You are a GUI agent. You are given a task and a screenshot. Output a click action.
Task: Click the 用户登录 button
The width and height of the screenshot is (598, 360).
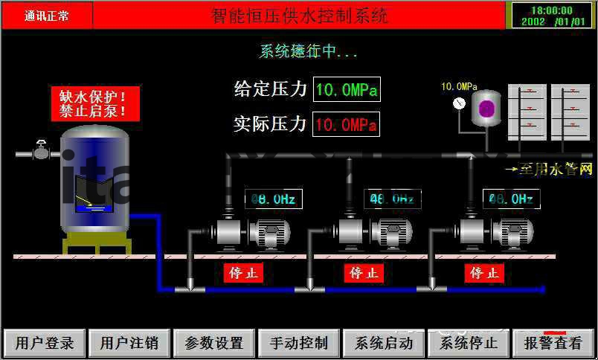(45, 343)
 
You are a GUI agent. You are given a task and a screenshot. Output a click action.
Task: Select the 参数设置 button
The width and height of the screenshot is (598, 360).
(214, 343)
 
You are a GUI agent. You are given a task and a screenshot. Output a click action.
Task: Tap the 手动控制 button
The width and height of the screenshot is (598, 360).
(299, 343)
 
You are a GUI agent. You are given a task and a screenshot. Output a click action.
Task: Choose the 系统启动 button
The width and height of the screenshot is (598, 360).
(384, 343)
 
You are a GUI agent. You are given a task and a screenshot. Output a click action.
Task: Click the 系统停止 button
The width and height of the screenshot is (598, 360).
(469, 343)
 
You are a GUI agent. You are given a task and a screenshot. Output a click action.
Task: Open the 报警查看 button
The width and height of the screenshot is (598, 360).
(553, 343)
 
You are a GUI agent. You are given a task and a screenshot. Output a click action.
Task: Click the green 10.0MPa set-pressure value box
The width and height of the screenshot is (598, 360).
(347, 90)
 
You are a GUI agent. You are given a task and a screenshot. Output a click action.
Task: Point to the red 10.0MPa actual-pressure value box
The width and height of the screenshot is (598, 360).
(347, 124)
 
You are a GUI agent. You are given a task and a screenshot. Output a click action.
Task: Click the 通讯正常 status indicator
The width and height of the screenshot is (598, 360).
(47, 15)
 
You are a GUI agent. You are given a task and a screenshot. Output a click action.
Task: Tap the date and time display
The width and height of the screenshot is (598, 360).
(551, 16)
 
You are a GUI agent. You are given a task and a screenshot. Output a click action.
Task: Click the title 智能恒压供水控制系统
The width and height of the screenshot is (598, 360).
(299, 15)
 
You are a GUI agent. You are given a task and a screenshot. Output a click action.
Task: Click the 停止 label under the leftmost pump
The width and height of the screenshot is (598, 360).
(244, 273)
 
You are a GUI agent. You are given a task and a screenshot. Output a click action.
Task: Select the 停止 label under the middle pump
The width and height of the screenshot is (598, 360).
(364, 273)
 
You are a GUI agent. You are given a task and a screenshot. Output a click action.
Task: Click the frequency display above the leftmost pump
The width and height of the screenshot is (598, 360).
(274, 199)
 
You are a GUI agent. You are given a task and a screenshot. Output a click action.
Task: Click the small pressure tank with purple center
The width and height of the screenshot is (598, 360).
(487, 109)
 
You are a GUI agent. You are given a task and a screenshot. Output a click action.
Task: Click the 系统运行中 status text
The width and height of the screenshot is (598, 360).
(309, 51)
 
